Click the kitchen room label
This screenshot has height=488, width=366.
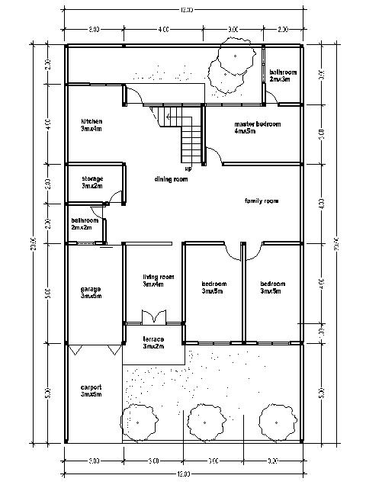tap(91, 125)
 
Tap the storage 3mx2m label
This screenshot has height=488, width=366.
tap(92, 182)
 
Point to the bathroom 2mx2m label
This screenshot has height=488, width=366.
tap(82, 223)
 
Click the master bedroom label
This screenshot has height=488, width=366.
tap(257, 127)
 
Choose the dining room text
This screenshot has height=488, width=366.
tap(171, 179)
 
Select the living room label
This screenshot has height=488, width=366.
tap(159, 281)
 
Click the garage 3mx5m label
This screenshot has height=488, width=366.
tap(91, 293)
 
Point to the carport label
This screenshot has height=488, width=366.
tap(91, 391)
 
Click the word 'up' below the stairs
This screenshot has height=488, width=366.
tap(188, 169)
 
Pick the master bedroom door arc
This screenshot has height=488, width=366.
tap(213, 156)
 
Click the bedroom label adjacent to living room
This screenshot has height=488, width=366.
tap(213, 287)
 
